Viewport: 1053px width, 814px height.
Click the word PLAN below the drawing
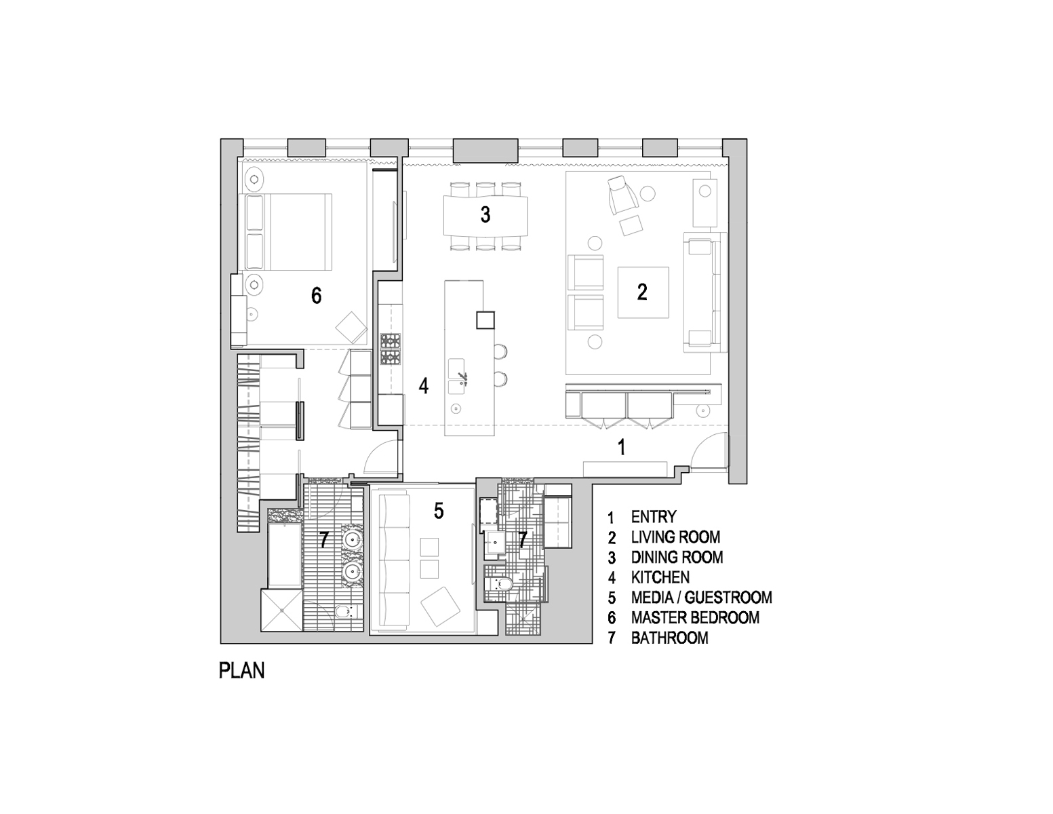[241, 670]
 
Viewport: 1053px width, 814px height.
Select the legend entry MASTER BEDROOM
[694, 617]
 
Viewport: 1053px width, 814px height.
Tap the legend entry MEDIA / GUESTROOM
[701, 597]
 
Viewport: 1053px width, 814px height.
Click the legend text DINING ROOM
[677, 557]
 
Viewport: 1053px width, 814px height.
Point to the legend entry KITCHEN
[660, 577]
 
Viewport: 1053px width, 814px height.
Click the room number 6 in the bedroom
[316, 295]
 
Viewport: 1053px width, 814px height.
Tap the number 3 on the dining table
[485, 215]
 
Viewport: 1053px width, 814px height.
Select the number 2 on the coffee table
[642, 292]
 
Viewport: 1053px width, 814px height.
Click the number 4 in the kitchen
[424, 386]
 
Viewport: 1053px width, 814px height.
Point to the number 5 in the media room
[439, 511]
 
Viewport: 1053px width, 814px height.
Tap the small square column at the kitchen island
[485, 319]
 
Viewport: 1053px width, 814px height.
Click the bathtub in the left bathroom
[285, 554]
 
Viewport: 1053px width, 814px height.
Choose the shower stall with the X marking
[281, 610]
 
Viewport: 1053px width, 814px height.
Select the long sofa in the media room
[391, 562]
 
